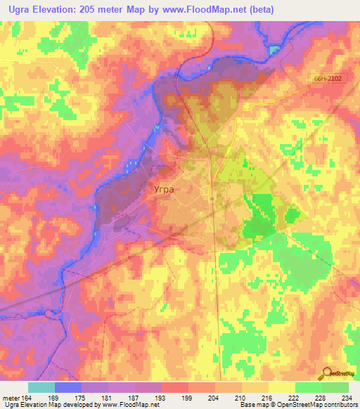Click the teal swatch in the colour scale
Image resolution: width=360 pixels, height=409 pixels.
pyautogui.click(x=41, y=387)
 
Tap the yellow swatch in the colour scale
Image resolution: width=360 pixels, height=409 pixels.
pyautogui.click(x=281, y=387)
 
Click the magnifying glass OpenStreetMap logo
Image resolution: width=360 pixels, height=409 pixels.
pyautogui.click(x=328, y=375)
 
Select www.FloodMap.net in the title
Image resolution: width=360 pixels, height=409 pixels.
pyautogui.click(x=210, y=10)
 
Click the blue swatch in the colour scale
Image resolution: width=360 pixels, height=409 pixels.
pyautogui.click(x=68, y=387)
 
